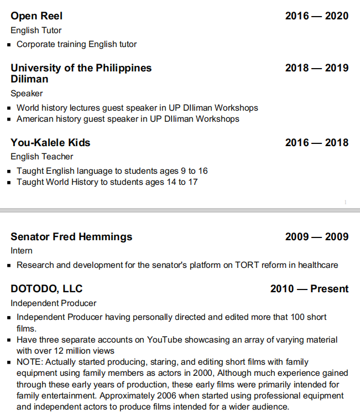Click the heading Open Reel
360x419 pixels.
click(x=36, y=16)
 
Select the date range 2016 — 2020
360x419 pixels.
click(x=316, y=16)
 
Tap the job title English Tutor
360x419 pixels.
click(x=36, y=30)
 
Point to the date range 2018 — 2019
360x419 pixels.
click(x=316, y=68)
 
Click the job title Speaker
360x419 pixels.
click(x=27, y=94)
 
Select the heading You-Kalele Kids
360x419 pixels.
click(x=50, y=143)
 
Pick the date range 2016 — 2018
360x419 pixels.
click(x=316, y=143)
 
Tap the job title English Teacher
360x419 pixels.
click(x=42, y=157)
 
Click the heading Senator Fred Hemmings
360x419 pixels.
click(x=71, y=237)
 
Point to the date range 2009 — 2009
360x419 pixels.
click(x=316, y=237)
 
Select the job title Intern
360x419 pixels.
click(x=22, y=251)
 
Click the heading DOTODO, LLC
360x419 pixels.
click(x=46, y=289)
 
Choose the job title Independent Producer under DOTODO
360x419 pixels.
click(x=53, y=303)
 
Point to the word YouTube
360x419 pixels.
click(x=148, y=340)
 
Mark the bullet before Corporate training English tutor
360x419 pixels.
click(x=9, y=45)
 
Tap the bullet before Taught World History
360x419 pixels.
click(x=9, y=183)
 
